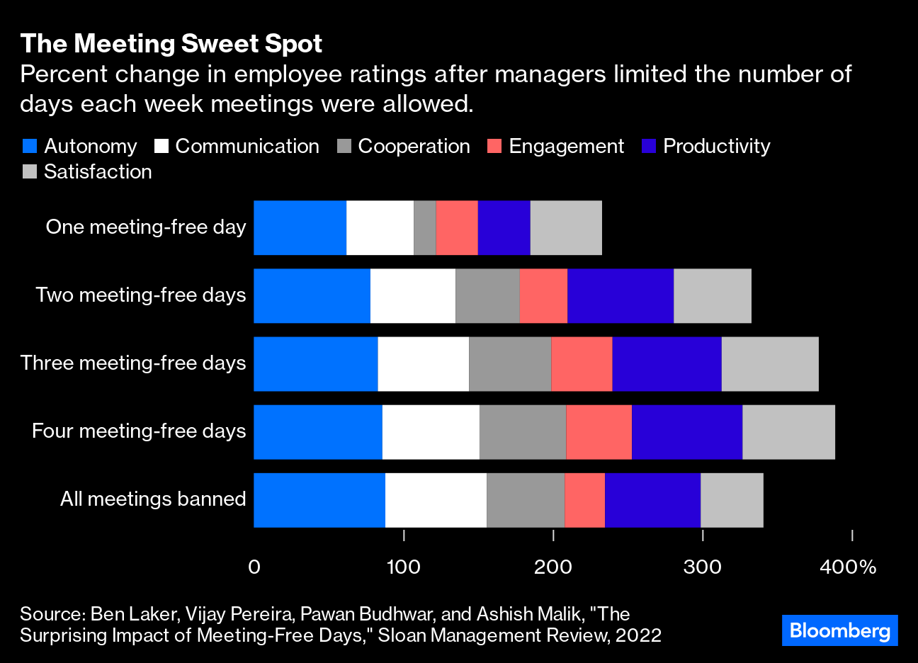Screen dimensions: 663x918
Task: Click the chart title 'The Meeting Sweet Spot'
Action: coord(171,44)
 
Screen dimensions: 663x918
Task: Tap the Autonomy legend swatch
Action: coord(30,147)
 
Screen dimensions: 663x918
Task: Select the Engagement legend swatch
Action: coord(494,147)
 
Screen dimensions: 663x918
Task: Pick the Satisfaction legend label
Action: coord(98,172)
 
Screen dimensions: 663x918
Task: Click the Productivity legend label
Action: coord(716,147)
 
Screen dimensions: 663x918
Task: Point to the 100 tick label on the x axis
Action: coord(404,567)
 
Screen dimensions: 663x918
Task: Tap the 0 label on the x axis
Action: coord(254,567)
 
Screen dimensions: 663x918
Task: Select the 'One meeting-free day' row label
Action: coord(146,227)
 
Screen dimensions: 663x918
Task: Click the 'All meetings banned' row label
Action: coord(153,499)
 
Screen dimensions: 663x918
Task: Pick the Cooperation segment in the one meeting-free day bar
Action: coord(424,228)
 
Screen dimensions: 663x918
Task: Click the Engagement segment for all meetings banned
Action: coord(584,500)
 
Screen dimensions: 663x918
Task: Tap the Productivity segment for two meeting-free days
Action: coord(620,296)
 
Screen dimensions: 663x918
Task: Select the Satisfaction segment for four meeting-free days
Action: coord(788,432)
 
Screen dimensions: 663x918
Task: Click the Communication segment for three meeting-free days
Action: coord(423,364)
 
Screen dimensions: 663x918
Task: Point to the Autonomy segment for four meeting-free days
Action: coord(317,432)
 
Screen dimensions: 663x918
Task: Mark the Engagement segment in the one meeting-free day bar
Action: coord(456,228)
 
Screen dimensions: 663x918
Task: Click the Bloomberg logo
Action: coord(839,630)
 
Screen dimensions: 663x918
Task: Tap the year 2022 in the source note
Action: coord(638,635)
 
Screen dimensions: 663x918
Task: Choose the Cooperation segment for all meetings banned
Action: coord(525,500)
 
